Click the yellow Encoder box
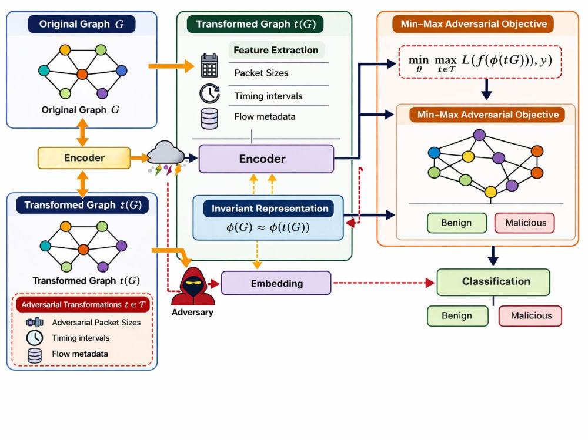(84, 158)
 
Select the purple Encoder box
(266, 159)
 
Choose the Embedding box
(276, 283)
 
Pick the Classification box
(493, 282)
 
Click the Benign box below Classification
(457, 316)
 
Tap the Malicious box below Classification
(530, 316)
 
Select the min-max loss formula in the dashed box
(480, 62)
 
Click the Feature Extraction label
(276, 50)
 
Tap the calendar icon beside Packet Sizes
(209, 65)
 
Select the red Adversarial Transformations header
(83, 305)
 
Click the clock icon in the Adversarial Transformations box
(35, 338)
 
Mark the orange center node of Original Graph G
(82, 74)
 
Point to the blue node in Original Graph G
(122, 70)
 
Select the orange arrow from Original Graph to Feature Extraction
(171, 66)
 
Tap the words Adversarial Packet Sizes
(96, 323)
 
